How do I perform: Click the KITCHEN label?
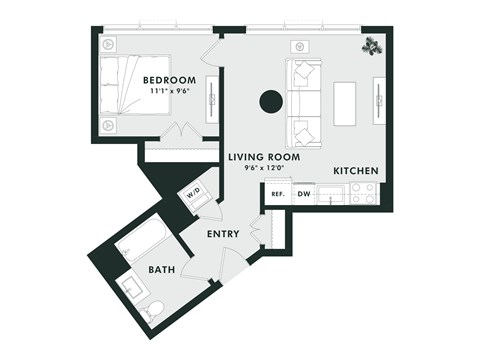(356, 171)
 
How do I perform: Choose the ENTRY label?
(222, 233)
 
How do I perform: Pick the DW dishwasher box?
(303, 194)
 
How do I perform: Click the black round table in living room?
(269, 101)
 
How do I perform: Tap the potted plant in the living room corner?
(372, 45)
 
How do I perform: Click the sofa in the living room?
(303, 102)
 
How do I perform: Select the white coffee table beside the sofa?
(345, 102)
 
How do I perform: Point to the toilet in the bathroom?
(152, 310)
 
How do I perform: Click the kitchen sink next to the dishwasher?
(331, 194)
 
